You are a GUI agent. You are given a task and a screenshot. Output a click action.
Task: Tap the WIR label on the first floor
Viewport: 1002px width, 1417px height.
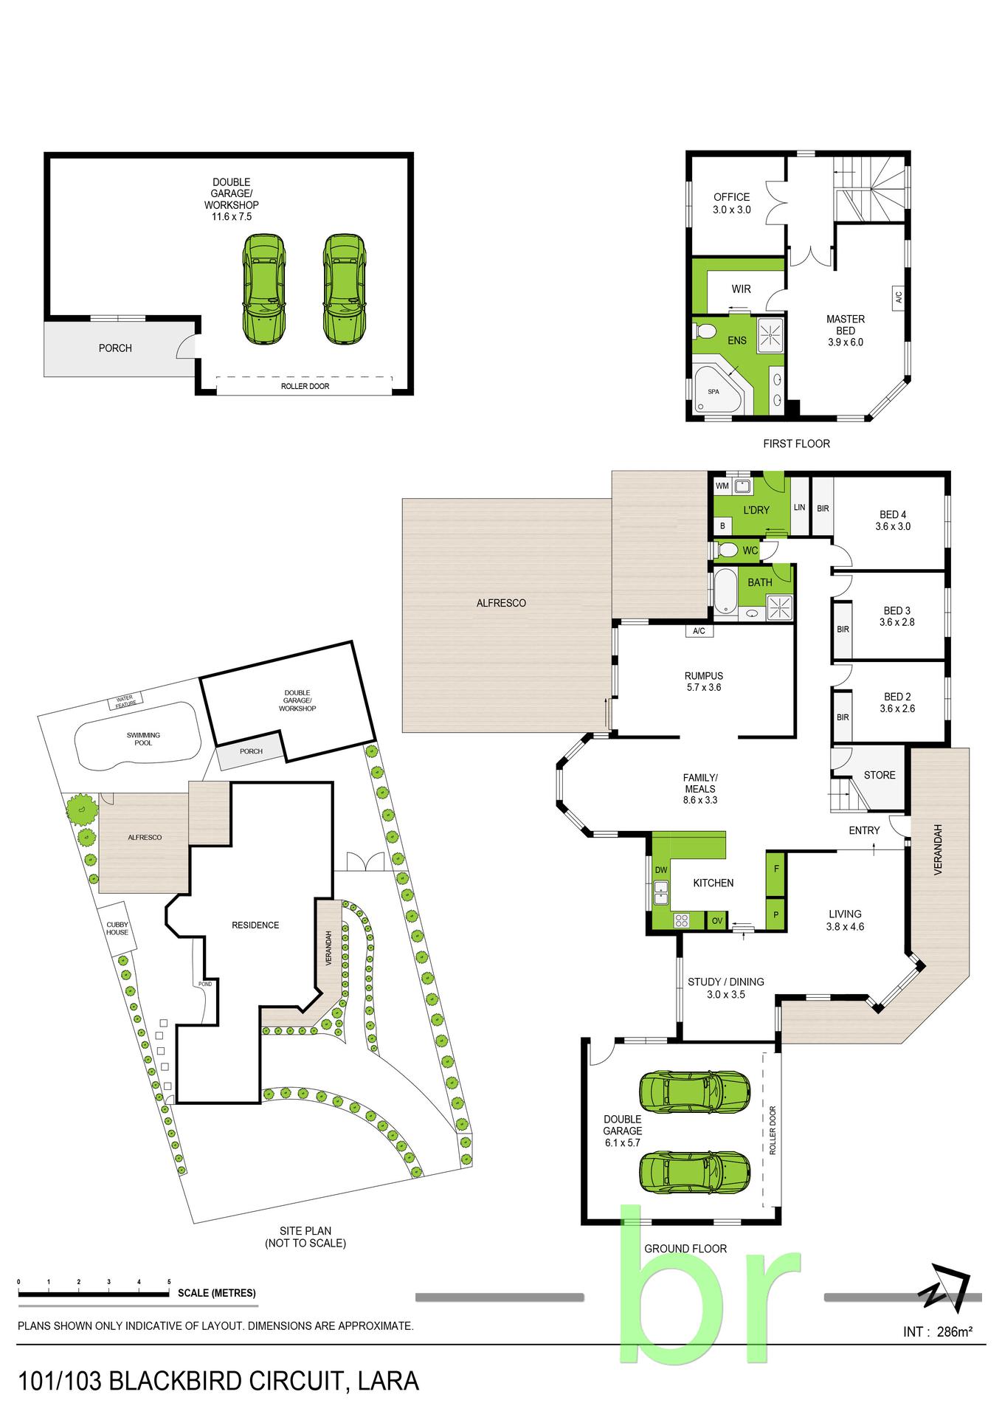coord(742,289)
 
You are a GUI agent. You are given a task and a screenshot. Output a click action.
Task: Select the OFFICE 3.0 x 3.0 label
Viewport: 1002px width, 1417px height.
coord(732,203)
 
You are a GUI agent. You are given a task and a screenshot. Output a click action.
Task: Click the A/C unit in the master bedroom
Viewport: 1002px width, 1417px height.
coord(899,298)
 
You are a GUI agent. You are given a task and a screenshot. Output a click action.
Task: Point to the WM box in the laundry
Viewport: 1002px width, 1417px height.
coord(722,486)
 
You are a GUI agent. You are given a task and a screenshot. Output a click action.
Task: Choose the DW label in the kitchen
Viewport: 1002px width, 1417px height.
coord(661,870)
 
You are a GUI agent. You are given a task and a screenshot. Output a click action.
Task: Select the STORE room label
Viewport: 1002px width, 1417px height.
coord(880,775)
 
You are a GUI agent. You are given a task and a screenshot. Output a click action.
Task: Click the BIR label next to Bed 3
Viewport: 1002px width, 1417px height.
coord(843,630)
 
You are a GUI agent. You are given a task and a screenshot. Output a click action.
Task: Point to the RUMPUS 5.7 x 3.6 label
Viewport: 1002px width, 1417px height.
coord(703,681)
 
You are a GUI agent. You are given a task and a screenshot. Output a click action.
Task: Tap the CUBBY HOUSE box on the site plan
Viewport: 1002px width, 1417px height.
coord(117,928)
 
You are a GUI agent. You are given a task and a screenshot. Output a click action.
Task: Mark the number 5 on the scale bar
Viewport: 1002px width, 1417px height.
coord(169,1282)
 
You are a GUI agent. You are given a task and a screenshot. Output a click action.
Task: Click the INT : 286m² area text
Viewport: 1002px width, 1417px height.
coord(938,1331)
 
